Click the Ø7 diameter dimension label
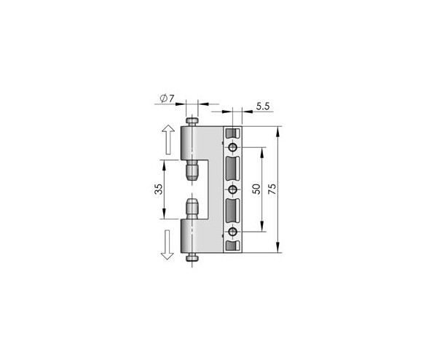[x=167, y=98]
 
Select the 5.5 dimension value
[x=263, y=106]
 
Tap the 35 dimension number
[x=159, y=189]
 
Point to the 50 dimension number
[x=257, y=189]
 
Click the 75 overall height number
[x=272, y=189]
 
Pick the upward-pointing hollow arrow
[x=168, y=139]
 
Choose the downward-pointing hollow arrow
[x=168, y=245]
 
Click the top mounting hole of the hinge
[x=233, y=147]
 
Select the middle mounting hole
[x=233, y=189]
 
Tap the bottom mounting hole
[x=233, y=232]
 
